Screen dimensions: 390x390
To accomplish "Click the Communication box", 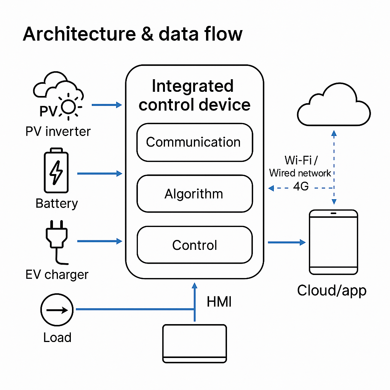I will click(194, 142).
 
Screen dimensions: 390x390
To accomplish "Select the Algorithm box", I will click(194, 194).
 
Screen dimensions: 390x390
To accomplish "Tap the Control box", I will click(194, 245).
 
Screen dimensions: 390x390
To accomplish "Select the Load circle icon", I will click(57, 310).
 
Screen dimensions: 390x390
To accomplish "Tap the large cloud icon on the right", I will click(334, 105).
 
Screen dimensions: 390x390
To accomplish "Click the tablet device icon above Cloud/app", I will click(334, 241).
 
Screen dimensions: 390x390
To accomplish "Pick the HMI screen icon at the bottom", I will click(195, 343).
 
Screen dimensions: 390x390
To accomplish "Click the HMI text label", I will click(219, 302).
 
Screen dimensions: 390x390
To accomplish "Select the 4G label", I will click(301, 187).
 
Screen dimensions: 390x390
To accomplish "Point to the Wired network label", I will click(300, 173).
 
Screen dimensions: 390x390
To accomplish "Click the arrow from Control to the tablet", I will click(287, 242).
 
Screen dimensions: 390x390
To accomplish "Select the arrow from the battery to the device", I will click(99, 174).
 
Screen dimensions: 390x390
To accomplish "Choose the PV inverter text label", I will click(58, 132).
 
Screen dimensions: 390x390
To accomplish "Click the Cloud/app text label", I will click(332, 291).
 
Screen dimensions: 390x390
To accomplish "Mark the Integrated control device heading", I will click(194, 95).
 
